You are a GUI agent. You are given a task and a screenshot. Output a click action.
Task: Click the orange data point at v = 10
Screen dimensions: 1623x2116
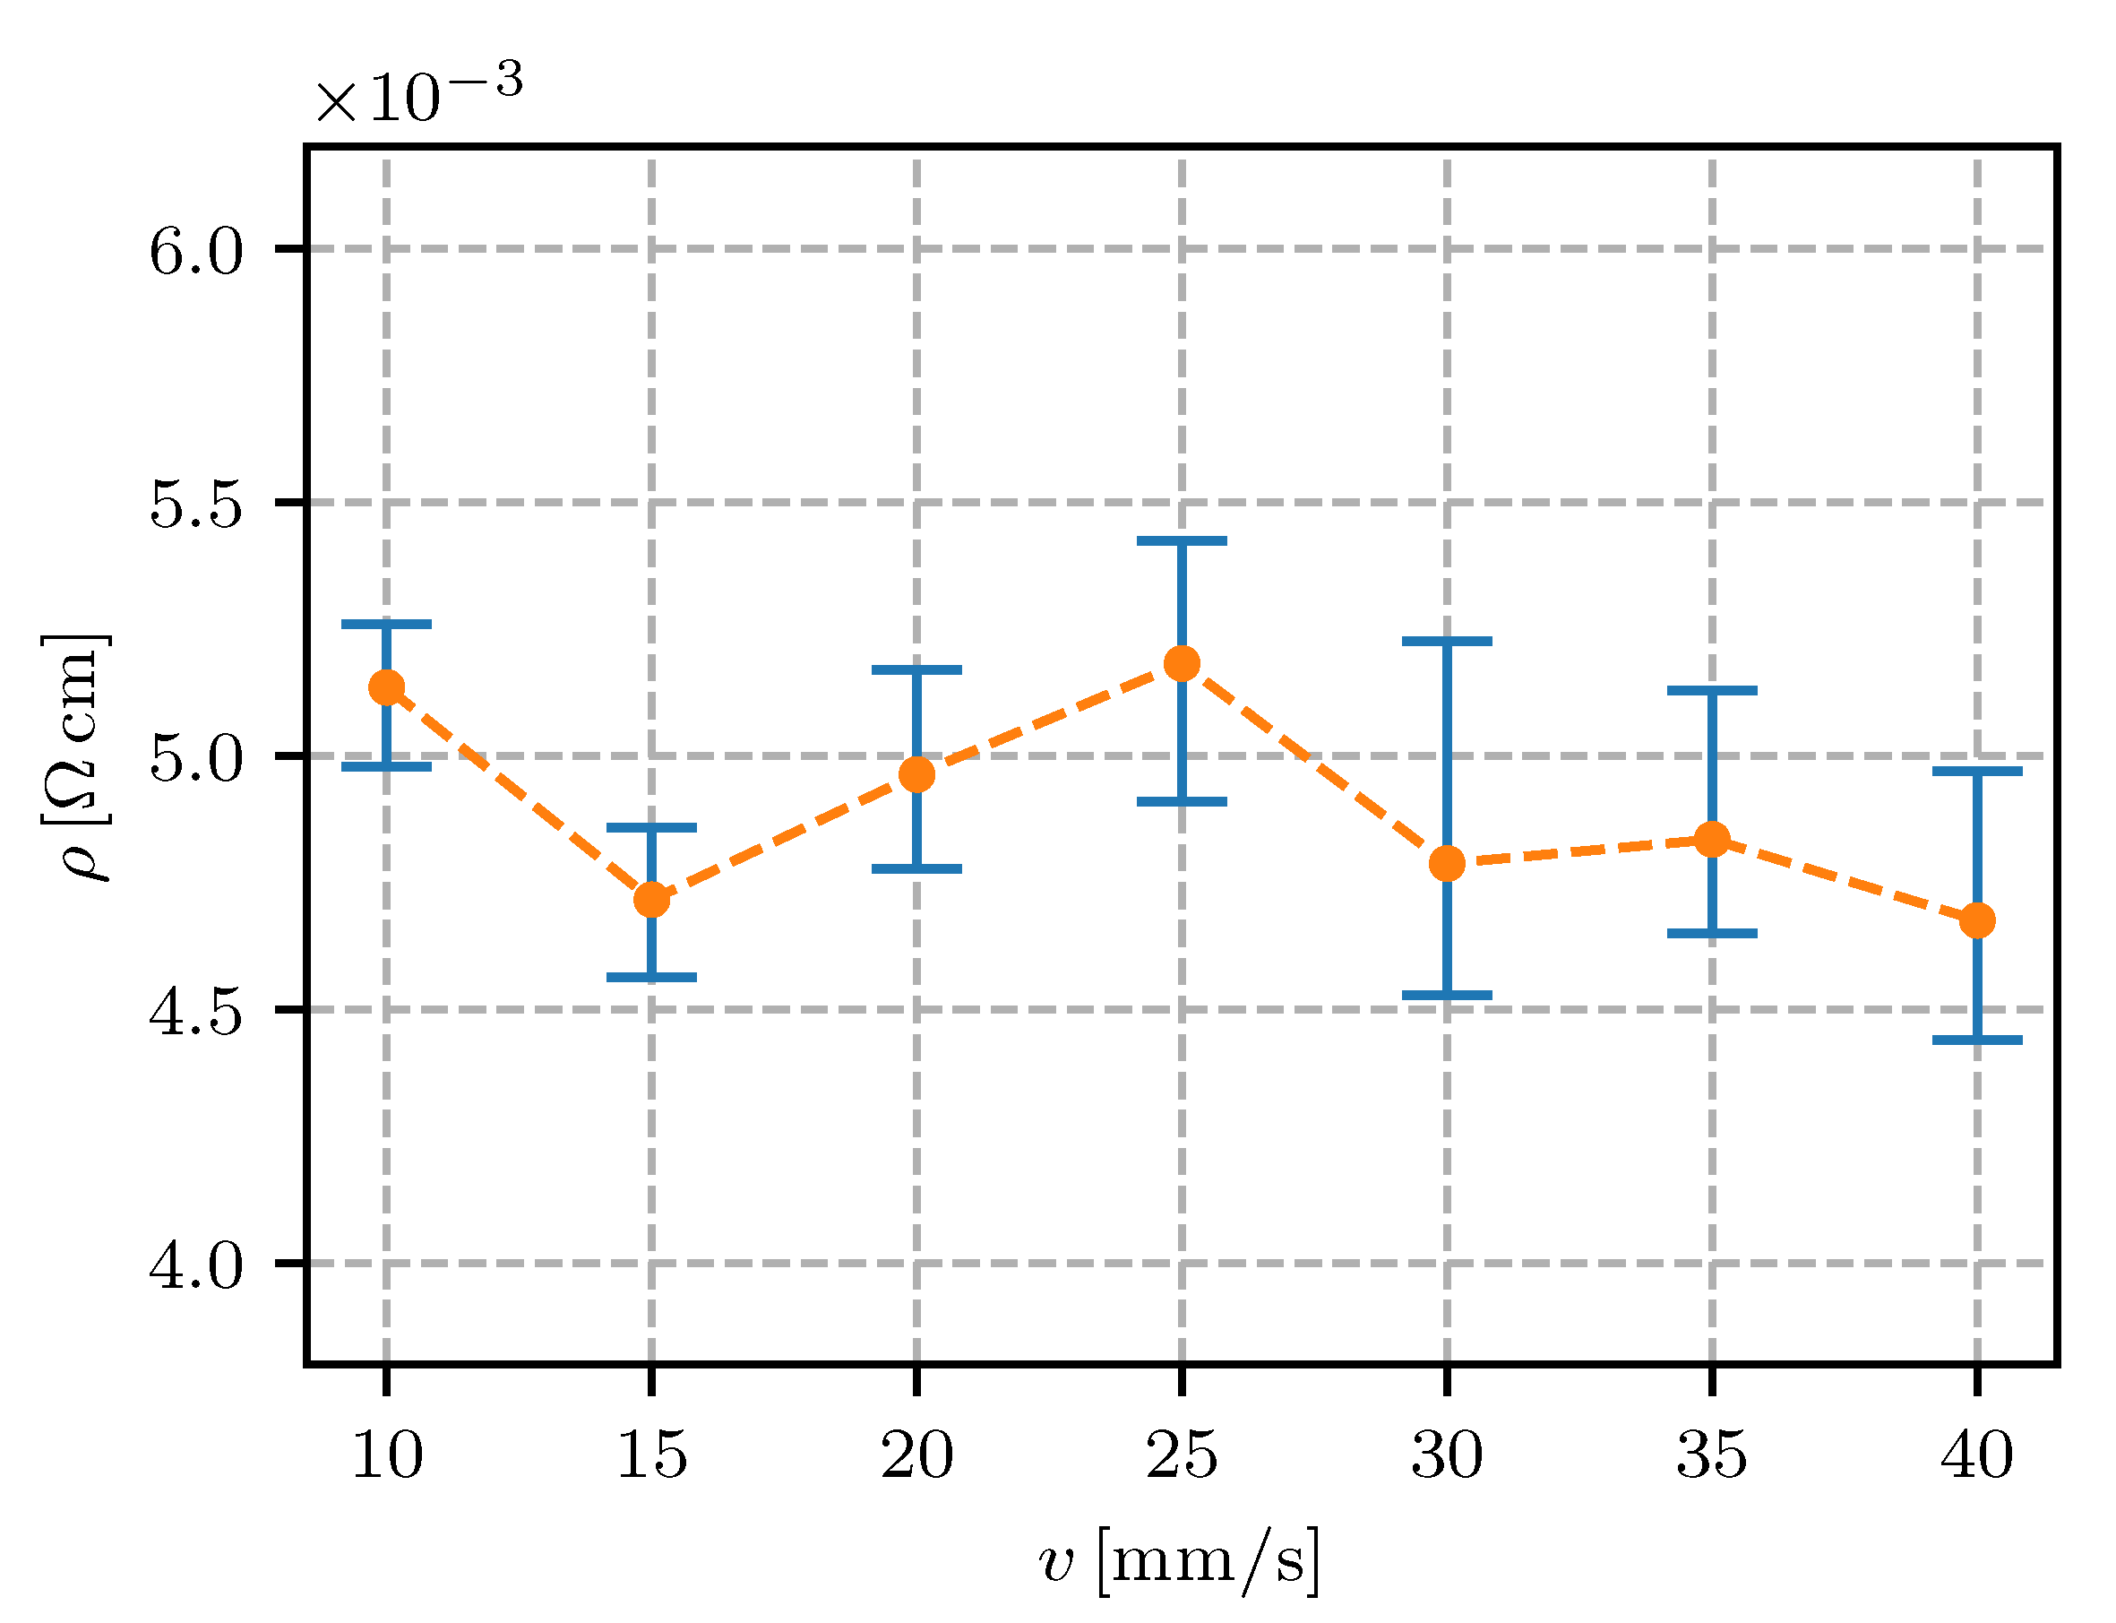click(386, 688)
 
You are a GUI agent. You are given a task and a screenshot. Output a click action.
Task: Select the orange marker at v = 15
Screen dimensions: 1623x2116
click(652, 901)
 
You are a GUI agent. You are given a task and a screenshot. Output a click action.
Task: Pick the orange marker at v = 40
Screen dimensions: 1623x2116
click(1977, 920)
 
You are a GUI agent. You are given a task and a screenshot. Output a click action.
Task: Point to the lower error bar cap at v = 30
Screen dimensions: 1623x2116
click(1447, 995)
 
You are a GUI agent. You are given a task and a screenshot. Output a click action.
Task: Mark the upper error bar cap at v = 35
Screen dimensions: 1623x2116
click(1711, 691)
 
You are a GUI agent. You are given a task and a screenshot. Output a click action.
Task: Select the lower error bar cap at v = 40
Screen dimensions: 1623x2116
click(1977, 1040)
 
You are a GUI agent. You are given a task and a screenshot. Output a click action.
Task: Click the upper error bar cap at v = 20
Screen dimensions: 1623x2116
click(916, 669)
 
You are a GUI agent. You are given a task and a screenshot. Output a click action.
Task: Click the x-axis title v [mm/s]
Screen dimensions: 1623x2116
click(1180, 1562)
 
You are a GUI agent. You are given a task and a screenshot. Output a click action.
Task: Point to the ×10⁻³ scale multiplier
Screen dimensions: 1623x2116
click(418, 94)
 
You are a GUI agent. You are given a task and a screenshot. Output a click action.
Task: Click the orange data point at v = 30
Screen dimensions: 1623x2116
click(1447, 864)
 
